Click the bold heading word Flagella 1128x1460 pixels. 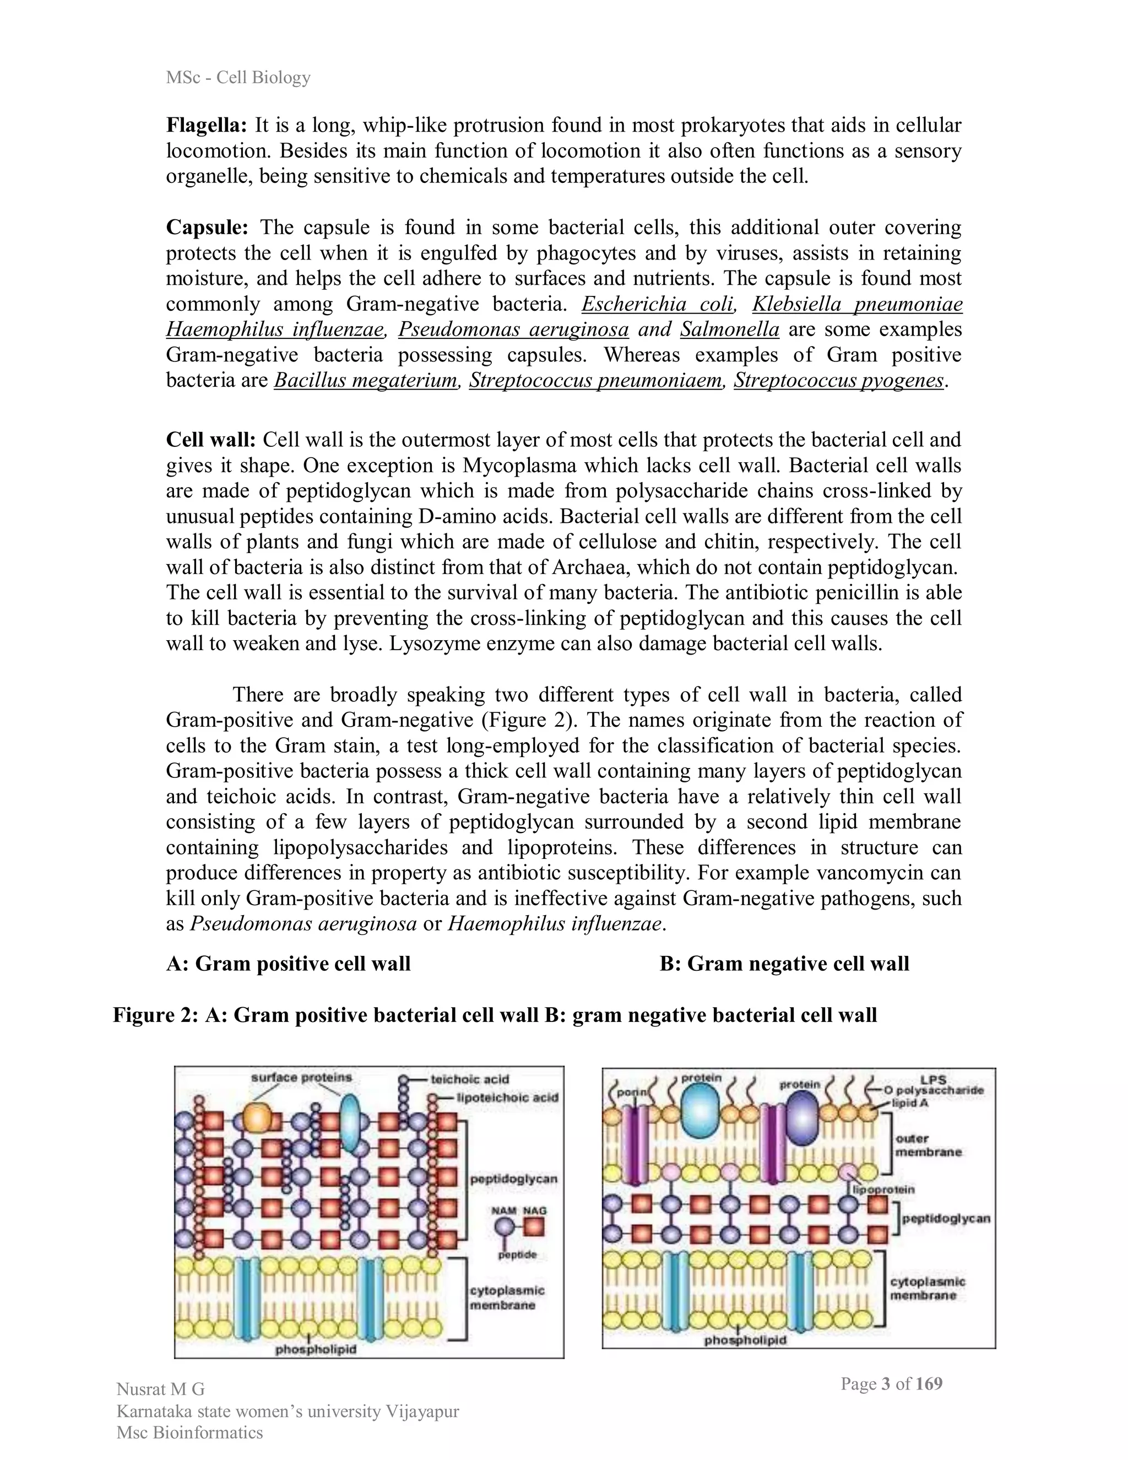(207, 125)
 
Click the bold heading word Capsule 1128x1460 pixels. (207, 228)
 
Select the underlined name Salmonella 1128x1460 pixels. (730, 329)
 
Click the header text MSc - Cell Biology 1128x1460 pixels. (238, 78)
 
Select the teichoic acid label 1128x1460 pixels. (469, 1079)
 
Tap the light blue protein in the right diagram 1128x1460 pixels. (701, 1109)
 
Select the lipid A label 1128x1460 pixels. (909, 1102)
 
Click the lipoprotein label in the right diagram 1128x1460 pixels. (883, 1189)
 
